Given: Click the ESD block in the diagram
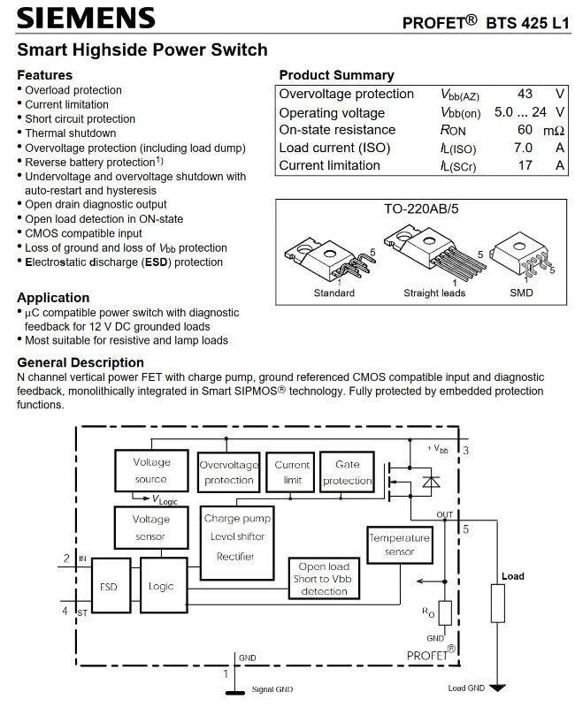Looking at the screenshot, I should coord(109,585).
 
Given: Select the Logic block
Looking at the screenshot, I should coord(162,585).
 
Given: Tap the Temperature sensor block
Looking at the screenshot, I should coord(399,544).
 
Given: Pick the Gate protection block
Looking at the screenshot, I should coord(347,473).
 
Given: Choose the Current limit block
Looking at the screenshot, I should coord(292,473).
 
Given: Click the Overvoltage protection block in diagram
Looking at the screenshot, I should coord(228,473).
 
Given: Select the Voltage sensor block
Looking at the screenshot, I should coord(151,528).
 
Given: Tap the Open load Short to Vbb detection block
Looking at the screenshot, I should coord(324,579).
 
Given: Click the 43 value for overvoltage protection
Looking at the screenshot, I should coord(524,94).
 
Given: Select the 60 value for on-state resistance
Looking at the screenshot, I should coord(525,130).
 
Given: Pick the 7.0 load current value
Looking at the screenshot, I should coord(523,148).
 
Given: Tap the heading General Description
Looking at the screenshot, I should coord(80,362).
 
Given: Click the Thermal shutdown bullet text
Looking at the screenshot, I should coord(67,133).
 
